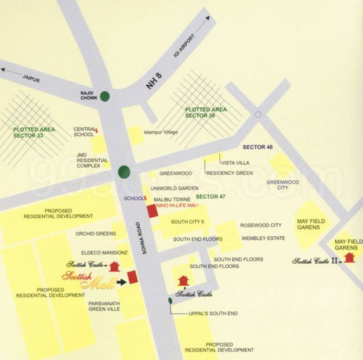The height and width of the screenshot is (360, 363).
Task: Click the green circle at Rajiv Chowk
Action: (104, 96)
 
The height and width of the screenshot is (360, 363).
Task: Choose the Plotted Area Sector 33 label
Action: (34, 132)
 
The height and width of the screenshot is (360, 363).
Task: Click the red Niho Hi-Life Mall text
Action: (176, 204)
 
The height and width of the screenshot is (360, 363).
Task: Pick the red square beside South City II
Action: (153, 211)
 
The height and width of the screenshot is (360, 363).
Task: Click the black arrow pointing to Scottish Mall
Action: (121, 282)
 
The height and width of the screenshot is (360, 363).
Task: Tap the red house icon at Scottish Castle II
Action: (349, 257)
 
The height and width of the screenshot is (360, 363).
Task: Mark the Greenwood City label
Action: (282, 185)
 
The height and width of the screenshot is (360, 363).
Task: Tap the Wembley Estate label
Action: (263, 238)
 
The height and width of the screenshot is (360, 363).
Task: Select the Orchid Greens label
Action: (95, 233)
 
